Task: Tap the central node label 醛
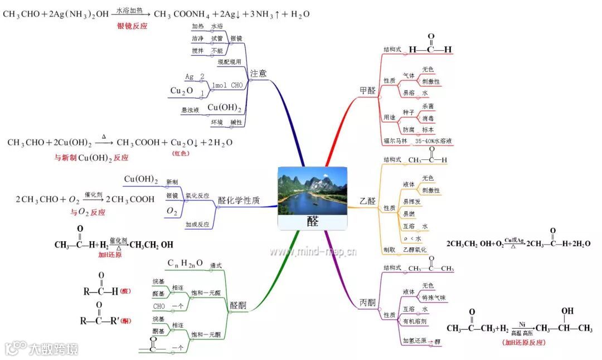313,221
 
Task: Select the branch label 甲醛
368,90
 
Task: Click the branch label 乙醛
368,201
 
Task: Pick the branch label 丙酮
367,303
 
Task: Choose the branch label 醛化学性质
239,201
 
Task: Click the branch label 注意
258,73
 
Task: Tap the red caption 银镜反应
132,26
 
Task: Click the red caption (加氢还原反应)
523,342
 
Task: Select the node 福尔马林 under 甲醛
396,142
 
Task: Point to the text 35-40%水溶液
434,142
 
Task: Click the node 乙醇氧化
415,250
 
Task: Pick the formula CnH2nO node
186,263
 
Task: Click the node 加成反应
197,224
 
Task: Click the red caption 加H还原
110,255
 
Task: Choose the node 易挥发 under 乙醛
412,202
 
